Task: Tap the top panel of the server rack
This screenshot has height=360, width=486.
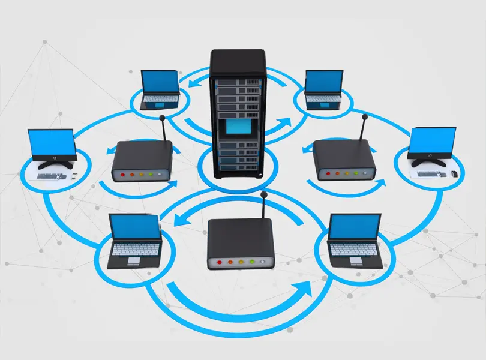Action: click(238, 54)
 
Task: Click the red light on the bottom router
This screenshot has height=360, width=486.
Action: click(219, 262)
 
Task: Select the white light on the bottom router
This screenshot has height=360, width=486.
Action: click(261, 262)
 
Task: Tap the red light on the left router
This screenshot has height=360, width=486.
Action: click(122, 175)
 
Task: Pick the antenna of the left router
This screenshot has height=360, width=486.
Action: click(161, 130)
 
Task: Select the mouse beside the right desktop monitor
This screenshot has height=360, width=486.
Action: click(454, 173)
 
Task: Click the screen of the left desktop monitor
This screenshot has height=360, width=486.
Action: click(52, 143)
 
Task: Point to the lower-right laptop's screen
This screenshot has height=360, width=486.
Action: click(355, 226)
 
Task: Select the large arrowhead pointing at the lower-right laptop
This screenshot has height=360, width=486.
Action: click(306, 289)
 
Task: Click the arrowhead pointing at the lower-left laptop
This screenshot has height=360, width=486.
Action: click(176, 223)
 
